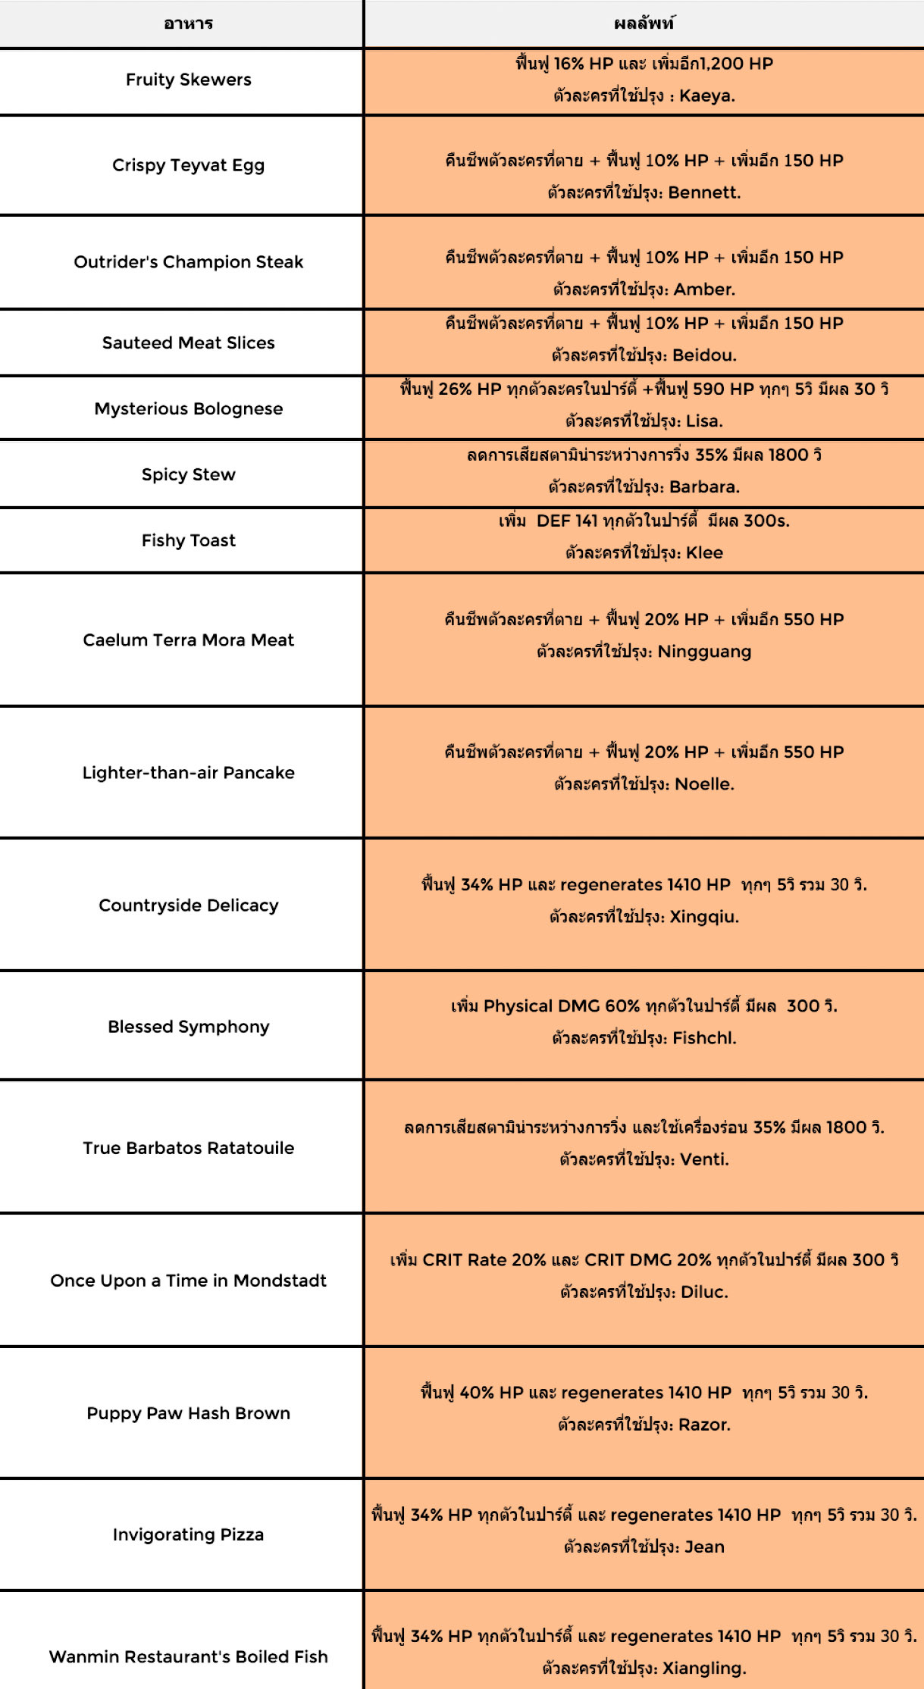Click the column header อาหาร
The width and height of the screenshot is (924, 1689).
pos(188,23)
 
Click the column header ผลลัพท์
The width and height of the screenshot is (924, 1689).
pos(644,23)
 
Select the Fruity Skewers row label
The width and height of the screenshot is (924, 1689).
pos(188,80)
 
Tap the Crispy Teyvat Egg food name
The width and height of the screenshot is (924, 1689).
pos(188,165)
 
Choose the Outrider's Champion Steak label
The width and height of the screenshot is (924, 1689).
pos(188,261)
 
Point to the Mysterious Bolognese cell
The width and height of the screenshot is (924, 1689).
pos(188,408)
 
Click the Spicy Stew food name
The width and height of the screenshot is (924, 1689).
pos(188,474)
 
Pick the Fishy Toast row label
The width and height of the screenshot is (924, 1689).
pos(188,540)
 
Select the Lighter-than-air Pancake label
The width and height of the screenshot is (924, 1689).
pos(188,772)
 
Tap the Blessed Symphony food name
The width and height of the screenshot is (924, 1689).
pos(188,1027)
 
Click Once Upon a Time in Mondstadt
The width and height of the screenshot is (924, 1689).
pos(188,1281)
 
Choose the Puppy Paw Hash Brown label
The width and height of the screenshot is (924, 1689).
pos(188,1413)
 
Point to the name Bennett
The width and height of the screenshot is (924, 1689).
pos(703,192)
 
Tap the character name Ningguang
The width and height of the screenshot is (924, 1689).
pos(704,652)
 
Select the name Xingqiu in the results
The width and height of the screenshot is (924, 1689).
pos(703,917)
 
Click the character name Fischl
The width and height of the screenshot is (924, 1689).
pos(703,1038)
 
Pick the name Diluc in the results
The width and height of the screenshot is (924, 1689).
pos(703,1292)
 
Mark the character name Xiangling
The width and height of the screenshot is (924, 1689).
pos(703,1668)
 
